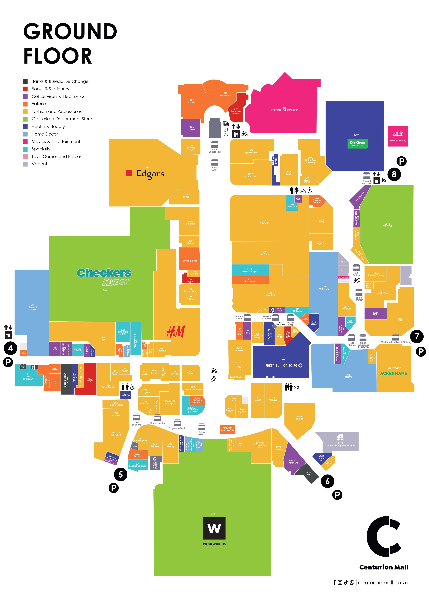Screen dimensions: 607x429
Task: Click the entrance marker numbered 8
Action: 394,174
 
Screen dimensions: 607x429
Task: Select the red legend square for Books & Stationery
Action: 25,89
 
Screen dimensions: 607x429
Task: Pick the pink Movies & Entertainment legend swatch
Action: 25,141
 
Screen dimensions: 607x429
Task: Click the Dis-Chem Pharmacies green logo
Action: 357,144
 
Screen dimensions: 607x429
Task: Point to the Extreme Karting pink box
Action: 398,136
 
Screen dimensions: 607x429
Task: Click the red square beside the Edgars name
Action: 129,173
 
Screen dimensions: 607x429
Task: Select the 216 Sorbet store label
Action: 314,323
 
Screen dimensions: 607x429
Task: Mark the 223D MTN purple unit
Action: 375,314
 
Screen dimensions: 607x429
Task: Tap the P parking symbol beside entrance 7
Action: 421,352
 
